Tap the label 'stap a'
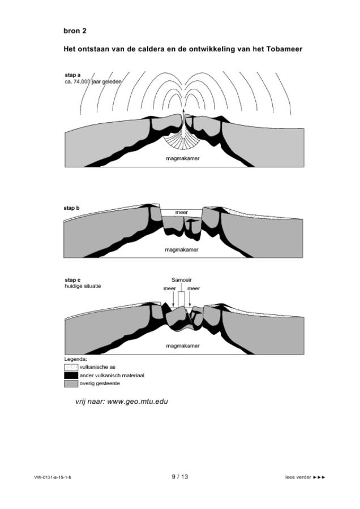(73, 75)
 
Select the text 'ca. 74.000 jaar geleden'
(93, 81)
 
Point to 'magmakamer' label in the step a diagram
(183, 158)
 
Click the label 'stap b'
(72, 208)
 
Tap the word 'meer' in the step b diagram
(181, 212)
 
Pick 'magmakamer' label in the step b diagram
(181, 249)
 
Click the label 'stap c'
(72, 279)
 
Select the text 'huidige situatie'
(83, 286)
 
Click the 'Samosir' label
(182, 279)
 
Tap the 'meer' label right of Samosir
(194, 288)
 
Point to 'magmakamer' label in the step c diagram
(182, 345)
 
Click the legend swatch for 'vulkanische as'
(71, 367)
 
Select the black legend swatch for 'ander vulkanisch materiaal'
(71, 375)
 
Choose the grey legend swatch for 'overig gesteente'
(71, 383)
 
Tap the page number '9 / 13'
(179, 477)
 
